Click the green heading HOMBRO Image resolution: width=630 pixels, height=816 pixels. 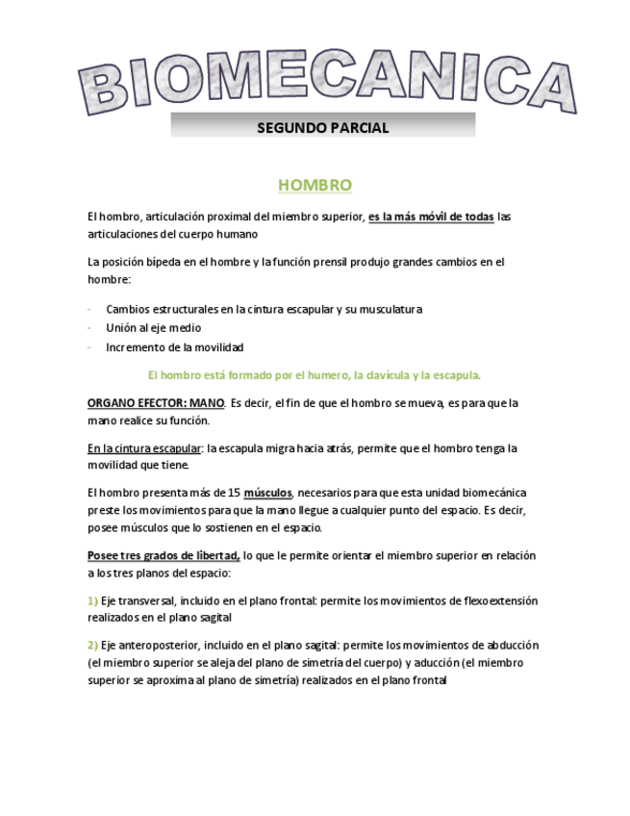point(315,185)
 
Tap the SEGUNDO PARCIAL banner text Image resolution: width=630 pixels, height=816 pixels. point(323,127)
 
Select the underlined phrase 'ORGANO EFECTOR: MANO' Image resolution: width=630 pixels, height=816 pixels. point(156,403)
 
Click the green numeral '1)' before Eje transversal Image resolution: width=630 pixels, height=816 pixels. point(92,600)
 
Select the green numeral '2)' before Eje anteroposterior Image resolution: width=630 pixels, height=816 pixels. point(92,645)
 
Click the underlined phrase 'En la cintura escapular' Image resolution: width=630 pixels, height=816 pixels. point(145,447)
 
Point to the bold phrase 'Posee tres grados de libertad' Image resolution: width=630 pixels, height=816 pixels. point(164,555)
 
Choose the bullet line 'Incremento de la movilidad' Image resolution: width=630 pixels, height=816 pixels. point(174,347)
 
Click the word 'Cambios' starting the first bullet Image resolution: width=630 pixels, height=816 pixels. point(128,309)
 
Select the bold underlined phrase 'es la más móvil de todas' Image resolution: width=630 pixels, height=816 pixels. point(431,217)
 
